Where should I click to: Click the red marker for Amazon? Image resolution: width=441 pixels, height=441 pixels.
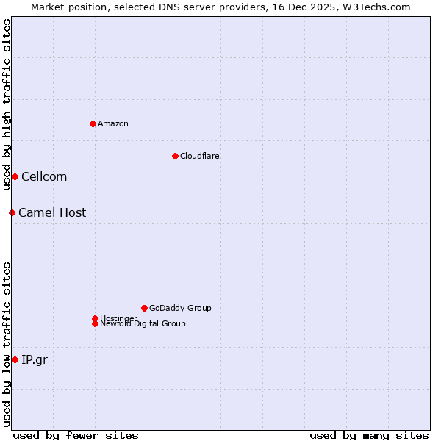93,123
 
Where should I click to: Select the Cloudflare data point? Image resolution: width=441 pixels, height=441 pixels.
175,156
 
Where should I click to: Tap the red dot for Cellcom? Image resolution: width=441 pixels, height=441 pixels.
15,176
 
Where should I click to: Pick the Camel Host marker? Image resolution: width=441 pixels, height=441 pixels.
12,212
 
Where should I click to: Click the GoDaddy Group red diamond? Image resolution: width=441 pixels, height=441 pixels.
144,308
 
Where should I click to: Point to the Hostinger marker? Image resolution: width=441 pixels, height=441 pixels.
95,318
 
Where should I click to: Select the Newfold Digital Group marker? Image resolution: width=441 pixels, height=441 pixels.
95,324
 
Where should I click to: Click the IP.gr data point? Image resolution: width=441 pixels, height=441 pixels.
15,359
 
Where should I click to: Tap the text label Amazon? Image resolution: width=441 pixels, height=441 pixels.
113,123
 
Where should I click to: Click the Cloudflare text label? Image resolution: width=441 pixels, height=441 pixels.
199,156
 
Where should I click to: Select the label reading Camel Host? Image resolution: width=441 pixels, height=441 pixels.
52,212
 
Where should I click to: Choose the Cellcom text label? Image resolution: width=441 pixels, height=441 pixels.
44,176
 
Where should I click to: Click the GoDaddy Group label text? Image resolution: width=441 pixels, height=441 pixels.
180,308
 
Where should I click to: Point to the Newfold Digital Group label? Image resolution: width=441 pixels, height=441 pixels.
143,324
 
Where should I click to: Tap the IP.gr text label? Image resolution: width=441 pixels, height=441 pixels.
35,359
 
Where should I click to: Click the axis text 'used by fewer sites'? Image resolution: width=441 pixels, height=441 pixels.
76,435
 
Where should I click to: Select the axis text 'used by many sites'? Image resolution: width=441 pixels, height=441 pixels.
369,435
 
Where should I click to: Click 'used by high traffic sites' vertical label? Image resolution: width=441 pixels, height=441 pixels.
7,104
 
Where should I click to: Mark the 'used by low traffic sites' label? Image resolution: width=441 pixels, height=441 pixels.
7,344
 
